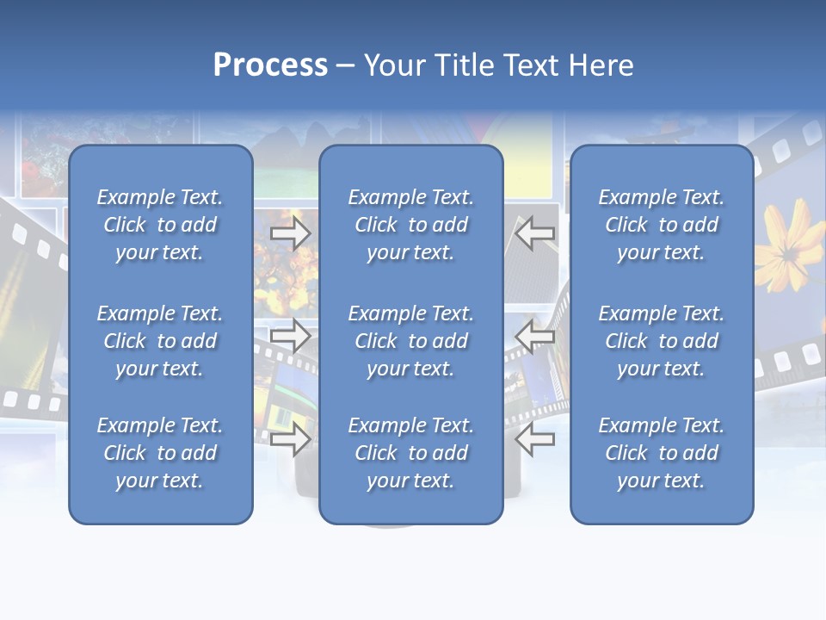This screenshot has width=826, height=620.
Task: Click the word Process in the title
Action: tap(270, 65)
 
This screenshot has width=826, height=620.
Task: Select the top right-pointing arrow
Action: tap(291, 233)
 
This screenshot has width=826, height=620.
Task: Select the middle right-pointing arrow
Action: tap(291, 336)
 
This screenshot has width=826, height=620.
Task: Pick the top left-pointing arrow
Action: tap(535, 233)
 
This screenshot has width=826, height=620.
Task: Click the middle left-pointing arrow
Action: tap(535, 336)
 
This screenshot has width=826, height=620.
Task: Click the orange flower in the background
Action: tap(787, 245)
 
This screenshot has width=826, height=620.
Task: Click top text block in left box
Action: tap(160, 225)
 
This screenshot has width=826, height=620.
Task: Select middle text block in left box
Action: tap(160, 341)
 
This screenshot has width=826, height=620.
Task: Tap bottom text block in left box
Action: tap(160, 453)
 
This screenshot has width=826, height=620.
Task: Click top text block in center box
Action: tap(411, 225)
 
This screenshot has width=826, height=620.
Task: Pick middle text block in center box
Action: tap(411, 341)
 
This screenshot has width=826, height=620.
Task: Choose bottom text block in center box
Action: tap(411, 453)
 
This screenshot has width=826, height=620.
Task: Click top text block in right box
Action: tap(662, 225)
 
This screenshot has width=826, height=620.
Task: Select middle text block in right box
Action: tap(662, 341)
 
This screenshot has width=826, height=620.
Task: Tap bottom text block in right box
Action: tap(662, 453)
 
